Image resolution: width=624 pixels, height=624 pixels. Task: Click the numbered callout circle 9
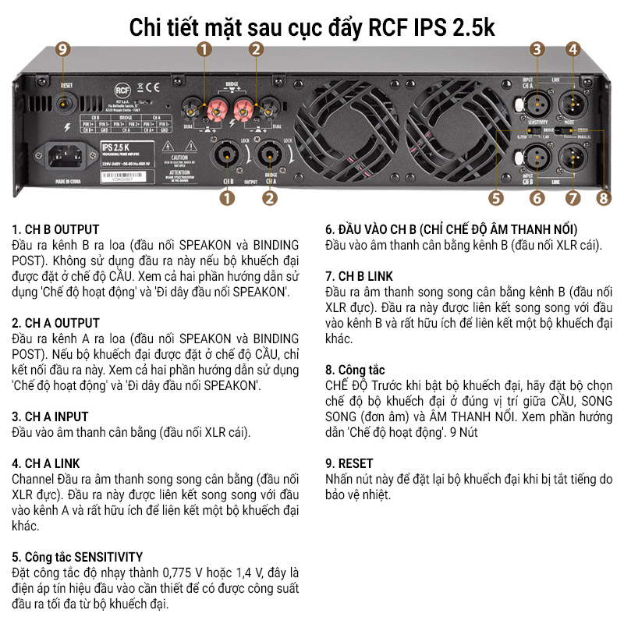click(62, 49)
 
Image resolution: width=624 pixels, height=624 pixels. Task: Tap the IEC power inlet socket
click(66, 154)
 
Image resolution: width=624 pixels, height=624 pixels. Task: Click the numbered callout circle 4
click(573, 49)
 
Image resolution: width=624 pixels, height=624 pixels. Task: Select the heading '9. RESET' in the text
click(349, 463)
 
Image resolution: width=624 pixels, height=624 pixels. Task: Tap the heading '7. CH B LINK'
click(360, 276)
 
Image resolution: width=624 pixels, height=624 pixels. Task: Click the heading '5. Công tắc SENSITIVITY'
click(77, 557)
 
